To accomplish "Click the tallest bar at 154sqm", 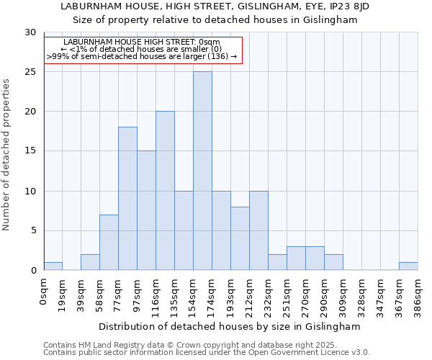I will pos(202,171).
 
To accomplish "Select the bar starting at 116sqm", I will pos(165,191).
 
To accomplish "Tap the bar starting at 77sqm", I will pos(127,199).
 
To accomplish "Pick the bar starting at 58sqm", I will pos(109,242).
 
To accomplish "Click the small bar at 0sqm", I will pos(53,266).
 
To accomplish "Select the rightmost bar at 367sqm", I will pos(408,266).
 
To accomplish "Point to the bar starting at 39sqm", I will pos(90,262).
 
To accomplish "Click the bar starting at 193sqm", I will pos(240,238).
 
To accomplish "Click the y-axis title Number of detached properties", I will pos(7,155).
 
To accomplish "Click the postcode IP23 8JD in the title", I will pos(348,6).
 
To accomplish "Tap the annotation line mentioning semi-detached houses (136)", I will pos(142,55).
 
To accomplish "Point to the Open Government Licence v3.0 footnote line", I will pos(207,353).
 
